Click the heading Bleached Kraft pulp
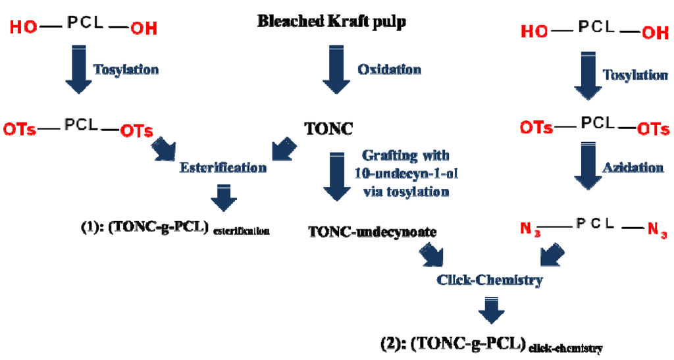[331, 22]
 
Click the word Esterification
[223, 167]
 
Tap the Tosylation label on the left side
[126, 69]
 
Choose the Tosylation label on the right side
[636, 75]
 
